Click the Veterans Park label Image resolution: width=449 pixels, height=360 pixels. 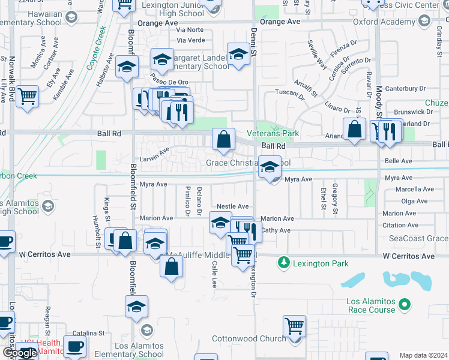coord(273,133)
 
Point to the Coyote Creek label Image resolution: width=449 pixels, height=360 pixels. coord(96,47)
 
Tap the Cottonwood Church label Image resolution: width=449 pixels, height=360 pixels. coord(249,339)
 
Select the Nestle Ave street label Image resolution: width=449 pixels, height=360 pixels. coord(232,206)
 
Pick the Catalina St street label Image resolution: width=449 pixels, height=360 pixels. coord(89,332)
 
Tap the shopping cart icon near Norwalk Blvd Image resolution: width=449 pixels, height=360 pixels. coord(28,96)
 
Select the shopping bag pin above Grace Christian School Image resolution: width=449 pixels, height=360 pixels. coord(223,140)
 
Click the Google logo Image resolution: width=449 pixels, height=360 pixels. coord(19,353)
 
